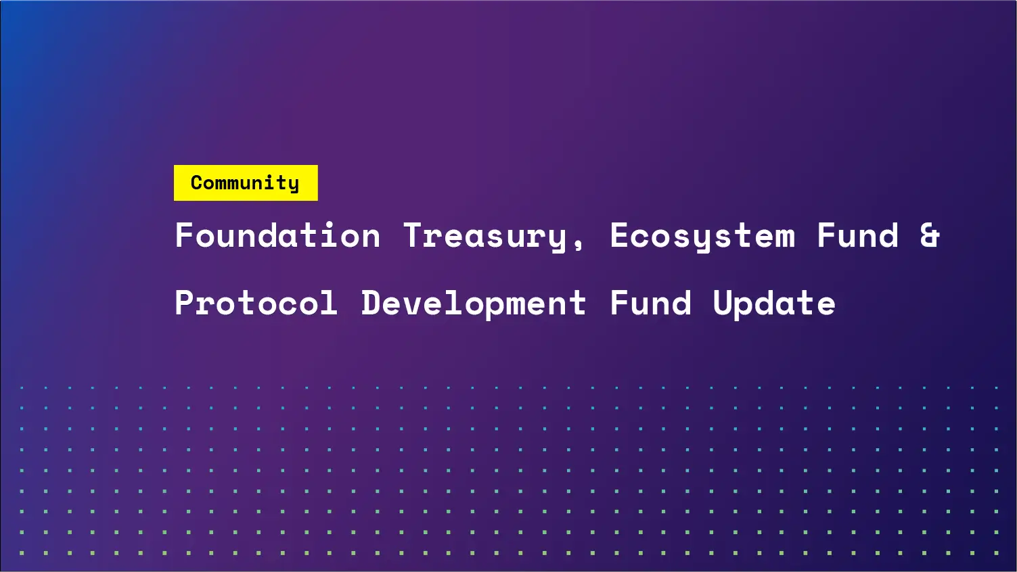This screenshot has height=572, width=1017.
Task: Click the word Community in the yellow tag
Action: pos(245,183)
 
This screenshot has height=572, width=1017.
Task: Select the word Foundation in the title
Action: pos(277,236)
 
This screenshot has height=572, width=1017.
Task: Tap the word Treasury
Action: pos(485,236)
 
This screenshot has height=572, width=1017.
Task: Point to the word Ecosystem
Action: pos(702,236)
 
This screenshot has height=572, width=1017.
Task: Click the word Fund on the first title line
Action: pos(858,236)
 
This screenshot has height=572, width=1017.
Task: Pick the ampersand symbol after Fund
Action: pos(930,236)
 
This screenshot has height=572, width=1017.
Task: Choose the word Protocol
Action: pos(256,303)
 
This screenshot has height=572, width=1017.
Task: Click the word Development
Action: pos(473,303)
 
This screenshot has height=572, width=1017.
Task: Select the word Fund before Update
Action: pos(651,303)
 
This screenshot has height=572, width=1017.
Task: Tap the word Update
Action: pos(774,303)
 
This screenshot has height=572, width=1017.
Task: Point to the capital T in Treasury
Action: pos(413,235)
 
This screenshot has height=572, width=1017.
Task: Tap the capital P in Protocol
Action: pos(185,302)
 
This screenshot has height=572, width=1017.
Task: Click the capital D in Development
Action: pos(371,302)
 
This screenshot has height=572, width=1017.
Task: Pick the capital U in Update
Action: pos(723,302)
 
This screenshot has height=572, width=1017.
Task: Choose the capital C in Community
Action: pos(197,183)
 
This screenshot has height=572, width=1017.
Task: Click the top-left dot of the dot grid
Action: pos(22,388)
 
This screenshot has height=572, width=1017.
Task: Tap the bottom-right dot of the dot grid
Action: pos(996,553)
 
